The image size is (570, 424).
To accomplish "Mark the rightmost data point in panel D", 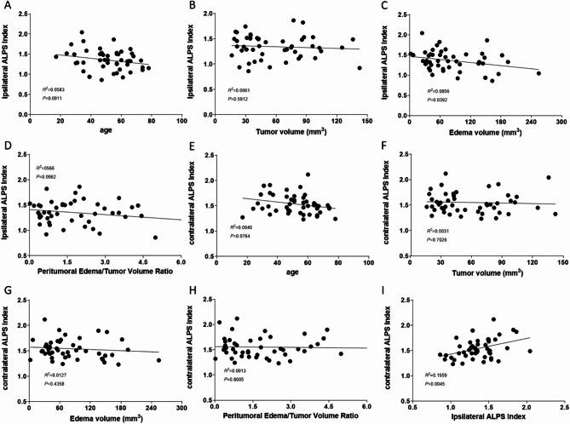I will coord(155,238).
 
